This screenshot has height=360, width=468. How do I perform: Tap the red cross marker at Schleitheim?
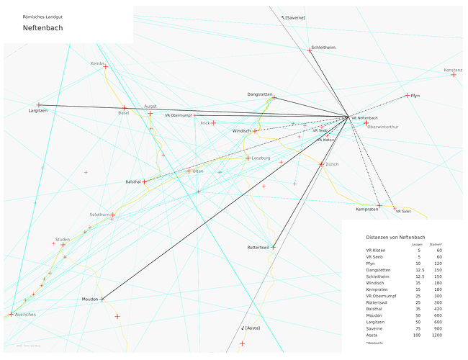tap(310, 50)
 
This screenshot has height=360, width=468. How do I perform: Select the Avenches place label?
tap(25, 315)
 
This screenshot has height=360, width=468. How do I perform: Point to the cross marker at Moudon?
tap(102, 298)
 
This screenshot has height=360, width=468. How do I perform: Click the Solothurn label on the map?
tap(99, 215)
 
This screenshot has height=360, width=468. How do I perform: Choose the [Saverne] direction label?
tap(294, 17)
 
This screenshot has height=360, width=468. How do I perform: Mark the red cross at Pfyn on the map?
tap(408, 95)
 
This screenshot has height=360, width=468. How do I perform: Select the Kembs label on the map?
tap(97, 63)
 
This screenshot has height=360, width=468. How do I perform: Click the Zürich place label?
tap(332, 164)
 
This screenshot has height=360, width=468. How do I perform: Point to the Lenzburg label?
tap(261, 158)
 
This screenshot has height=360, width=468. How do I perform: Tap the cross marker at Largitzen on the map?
tap(39, 105)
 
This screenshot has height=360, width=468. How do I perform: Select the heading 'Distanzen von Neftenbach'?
tap(395, 237)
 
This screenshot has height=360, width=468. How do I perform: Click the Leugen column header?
tap(417, 244)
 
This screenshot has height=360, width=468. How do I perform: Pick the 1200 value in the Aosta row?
tap(436, 336)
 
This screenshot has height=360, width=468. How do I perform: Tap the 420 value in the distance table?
tap(438, 308)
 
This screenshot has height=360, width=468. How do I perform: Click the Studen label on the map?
tap(63, 239)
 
